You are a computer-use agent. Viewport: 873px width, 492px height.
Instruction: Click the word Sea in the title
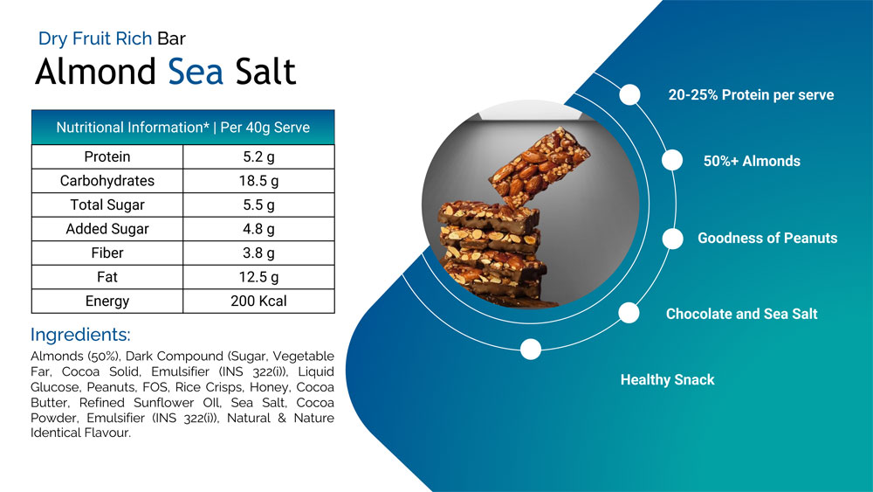pos(196,72)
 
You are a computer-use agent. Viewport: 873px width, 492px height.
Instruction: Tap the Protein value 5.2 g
pos(259,157)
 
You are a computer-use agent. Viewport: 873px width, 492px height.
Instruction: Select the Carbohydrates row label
pos(107,181)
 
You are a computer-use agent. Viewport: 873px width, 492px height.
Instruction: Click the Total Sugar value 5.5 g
pos(259,205)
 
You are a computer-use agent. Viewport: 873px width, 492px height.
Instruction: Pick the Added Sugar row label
pos(107,229)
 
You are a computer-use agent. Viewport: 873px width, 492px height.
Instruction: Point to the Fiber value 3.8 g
pos(259,253)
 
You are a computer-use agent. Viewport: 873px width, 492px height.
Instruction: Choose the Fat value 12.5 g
pos(259,277)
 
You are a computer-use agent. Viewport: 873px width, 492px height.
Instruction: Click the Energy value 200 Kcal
pos(259,301)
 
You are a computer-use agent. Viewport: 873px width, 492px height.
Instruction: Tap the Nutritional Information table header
pos(183,128)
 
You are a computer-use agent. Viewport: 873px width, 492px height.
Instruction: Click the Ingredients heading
pos(80,335)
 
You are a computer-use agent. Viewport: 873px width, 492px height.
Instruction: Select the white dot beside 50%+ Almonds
pos(672,161)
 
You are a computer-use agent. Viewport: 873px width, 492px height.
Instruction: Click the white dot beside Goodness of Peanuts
pos(672,239)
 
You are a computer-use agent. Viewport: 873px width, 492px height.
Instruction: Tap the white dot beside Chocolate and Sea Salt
pos(629,313)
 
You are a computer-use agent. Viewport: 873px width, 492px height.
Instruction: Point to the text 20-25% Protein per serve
pos(751,94)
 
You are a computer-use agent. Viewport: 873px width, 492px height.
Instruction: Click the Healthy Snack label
pos(668,380)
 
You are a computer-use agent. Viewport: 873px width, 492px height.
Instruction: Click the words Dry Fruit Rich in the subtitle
pos(95,38)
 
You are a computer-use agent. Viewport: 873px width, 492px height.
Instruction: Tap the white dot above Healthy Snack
pos(531,350)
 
